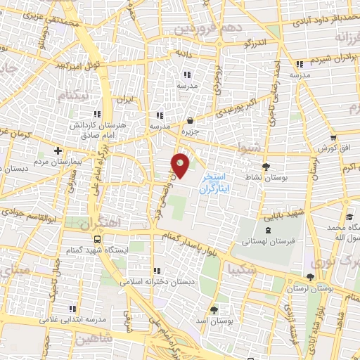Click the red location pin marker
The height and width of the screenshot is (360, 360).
181,165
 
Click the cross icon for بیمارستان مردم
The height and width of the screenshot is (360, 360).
58,151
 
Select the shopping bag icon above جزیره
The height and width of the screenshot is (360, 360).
190,120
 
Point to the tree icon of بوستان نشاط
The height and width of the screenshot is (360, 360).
266,167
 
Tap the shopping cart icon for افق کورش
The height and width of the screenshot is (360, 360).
333,138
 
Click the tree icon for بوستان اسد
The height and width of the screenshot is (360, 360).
213,309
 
